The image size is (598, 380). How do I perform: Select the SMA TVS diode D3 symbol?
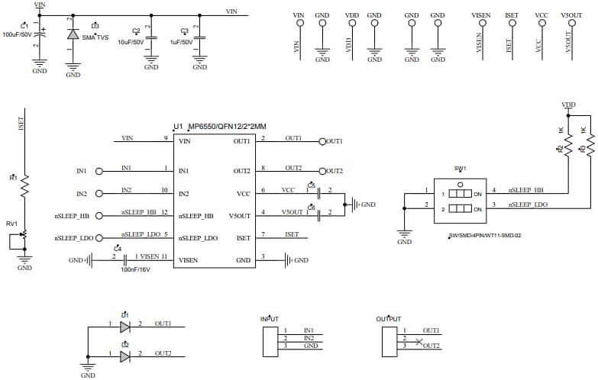click(x=73, y=35)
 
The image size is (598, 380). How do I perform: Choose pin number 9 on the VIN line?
click(x=165, y=138)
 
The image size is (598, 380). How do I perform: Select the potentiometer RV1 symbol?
click(x=24, y=236)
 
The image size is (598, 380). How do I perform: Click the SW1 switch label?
click(x=460, y=168)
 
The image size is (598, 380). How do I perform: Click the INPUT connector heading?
click(x=270, y=318)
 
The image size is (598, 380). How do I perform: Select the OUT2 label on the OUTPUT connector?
click(x=431, y=346)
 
